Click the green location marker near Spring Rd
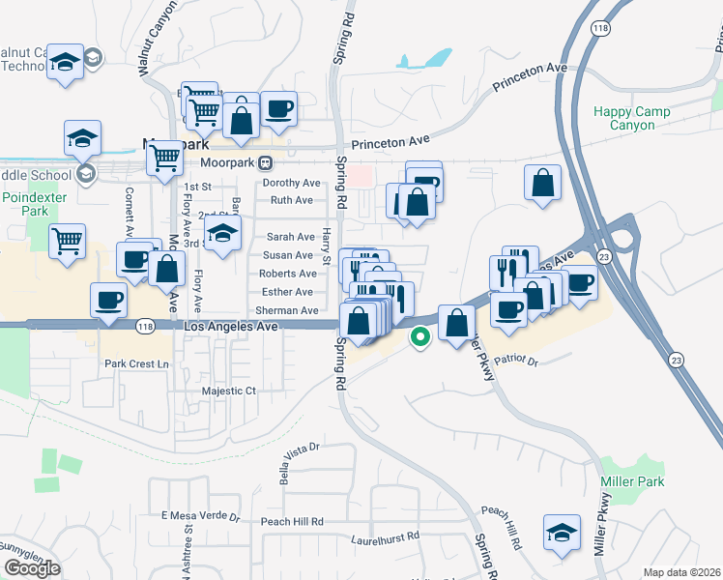click(419, 337)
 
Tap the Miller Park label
click(637, 481)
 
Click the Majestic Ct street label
click(228, 391)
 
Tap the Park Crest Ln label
click(136, 363)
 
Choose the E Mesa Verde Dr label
click(200, 516)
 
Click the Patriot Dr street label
click(515, 361)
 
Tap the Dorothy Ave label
click(292, 183)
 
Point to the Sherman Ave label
click(287, 310)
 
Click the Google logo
click(32, 567)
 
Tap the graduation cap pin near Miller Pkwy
click(561, 534)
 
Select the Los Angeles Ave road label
click(231, 328)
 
